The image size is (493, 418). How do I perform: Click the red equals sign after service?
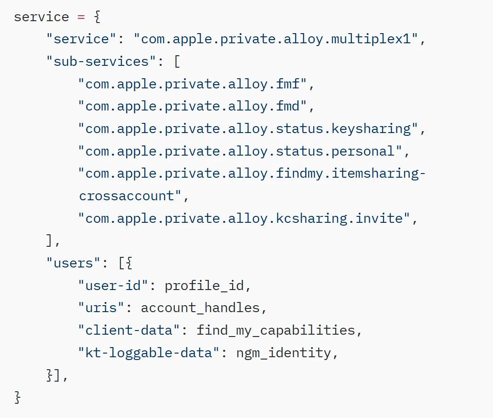click(x=81, y=17)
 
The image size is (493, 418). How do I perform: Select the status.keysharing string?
click(x=248, y=129)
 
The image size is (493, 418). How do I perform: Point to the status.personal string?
click(x=240, y=151)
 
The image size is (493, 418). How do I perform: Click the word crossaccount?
click(x=126, y=196)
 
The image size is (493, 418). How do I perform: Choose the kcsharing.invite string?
click(x=244, y=219)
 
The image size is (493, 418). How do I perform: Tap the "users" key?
click(x=73, y=263)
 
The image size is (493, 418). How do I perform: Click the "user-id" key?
click(x=113, y=285)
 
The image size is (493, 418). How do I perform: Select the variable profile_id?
click(x=204, y=286)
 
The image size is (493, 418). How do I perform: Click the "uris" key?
click(x=101, y=308)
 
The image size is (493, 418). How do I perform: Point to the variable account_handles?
click(x=201, y=308)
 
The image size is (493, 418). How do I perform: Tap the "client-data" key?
click(x=129, y=330)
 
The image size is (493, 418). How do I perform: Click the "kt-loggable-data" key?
click(x=149, y=353)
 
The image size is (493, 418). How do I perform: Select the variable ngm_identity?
click(x=284, y=353)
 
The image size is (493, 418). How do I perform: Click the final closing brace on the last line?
click(x=17, y=398)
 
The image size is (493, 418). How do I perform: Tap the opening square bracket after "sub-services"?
click(x=177, y=62)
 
